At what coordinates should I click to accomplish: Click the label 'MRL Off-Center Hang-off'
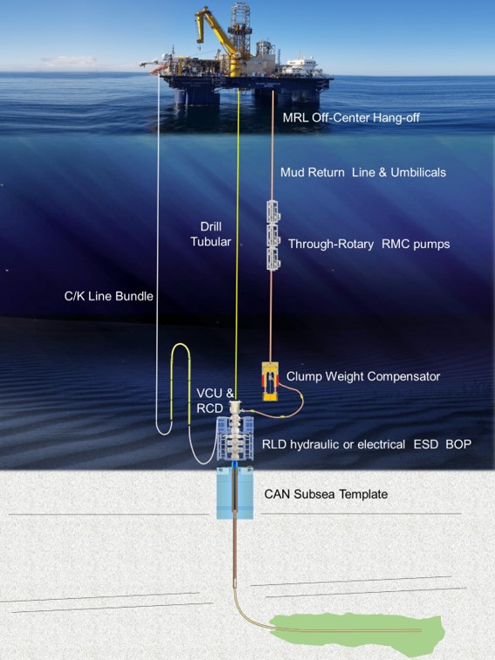pyautogui.click(x=351, y=118)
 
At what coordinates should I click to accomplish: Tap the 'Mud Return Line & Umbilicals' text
pyautogui.click(x=363, y=172)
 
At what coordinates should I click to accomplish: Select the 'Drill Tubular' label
pyautogui.click(x=210, y=234)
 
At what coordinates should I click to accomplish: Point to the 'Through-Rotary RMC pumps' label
pyautogui.click(x=368, y=244)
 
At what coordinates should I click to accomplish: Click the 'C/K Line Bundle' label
pyautogui.click(x=108, y=296)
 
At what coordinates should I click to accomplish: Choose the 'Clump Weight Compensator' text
pyautogui.click(x=363, y=376)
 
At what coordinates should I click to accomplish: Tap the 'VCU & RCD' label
pyautogui.click(x=215, y=401)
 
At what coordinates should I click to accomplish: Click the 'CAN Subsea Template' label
pyautogui.click(x=326, y=494)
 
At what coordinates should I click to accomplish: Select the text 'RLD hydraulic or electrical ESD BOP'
pyautogui.click(x=366, y=444)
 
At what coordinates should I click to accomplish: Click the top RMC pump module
pyautogui.click(x=273, y=211)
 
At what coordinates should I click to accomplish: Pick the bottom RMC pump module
pyautogui.click(x=273, y=259)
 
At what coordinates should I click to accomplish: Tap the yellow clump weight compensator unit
pyautogui.click(x=271, y=382)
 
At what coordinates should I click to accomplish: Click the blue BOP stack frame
pyautogui.click(x=235, y=438)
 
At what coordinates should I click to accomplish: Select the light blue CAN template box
pyautogui.click(x=235, y=493)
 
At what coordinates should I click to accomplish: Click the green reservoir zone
pyautogui.click(x=357, y=635)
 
